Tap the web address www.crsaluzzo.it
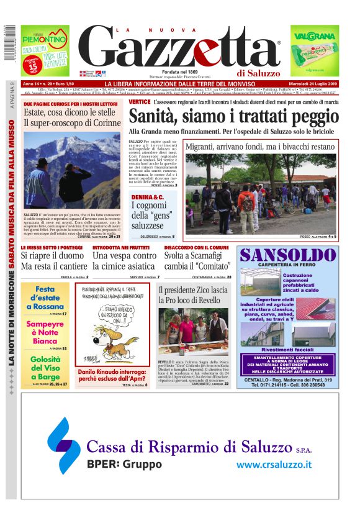coord(274,464)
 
